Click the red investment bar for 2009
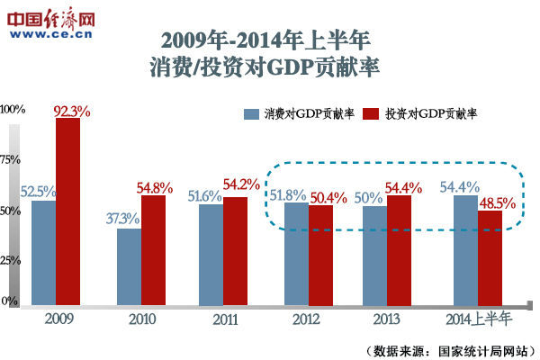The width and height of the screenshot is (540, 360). tap(68, 211)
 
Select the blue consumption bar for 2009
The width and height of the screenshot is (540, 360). tap(44, 253)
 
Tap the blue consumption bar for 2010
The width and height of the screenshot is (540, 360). tap(130, 266)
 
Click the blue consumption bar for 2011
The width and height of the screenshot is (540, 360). tap(211, 255)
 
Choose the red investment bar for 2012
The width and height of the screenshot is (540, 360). tap(320, 256)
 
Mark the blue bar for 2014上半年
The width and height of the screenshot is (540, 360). tap(465, 250)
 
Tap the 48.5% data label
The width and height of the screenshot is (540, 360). tap(496, 202)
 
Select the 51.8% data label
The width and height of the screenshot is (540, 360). tap(288, 194)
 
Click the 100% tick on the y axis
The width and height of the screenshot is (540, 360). tap(13, 109)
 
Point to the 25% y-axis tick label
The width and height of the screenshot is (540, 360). tap(11, 260)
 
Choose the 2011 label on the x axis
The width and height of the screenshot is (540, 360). tap(225, 319)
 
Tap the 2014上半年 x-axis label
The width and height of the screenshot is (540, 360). tap(478, 319)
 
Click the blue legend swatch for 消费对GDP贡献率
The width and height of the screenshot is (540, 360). tap(251, 114)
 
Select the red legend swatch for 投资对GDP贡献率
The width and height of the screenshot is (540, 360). tap(370, 114)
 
